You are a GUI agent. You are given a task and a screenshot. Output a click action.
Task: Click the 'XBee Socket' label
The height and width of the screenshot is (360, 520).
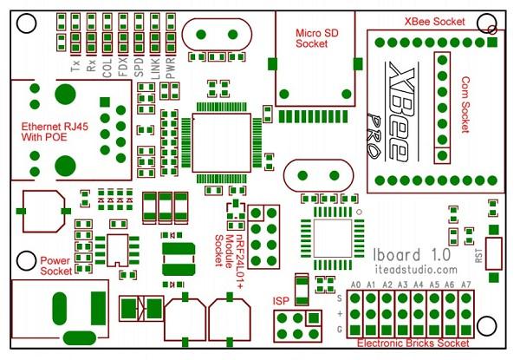tap(434, 22)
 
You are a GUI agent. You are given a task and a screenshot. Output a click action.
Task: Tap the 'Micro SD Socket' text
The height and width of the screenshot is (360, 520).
tap(316, 38)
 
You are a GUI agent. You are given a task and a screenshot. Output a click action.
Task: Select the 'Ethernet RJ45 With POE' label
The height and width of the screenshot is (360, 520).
tap(55, 132)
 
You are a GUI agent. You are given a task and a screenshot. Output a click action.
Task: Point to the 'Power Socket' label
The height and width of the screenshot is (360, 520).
tap(55, 265)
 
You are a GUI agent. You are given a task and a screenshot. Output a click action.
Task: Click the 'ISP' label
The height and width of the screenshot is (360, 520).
tap(281, 301)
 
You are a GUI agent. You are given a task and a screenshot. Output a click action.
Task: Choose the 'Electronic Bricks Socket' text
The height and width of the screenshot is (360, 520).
tap(413, 343)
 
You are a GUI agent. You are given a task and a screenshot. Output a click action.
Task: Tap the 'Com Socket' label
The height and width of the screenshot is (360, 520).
tap(465, 105)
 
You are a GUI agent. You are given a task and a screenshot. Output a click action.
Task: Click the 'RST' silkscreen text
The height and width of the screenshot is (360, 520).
tap(478, 256)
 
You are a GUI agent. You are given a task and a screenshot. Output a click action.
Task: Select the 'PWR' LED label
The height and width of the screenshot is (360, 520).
tap(170, 68)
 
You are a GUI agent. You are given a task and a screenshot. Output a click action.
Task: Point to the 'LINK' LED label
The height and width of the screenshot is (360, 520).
tap(155, 69)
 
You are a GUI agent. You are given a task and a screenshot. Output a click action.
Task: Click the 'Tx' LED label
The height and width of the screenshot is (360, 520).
tap(75, 66)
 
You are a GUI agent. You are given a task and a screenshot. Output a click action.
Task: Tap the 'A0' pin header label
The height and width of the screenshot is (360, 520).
tap(355, 285)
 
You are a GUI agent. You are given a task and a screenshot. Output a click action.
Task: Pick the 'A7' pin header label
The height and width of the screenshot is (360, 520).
tap(466, 285)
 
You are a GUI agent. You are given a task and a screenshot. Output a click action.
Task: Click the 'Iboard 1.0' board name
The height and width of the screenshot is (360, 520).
tap(412, 255)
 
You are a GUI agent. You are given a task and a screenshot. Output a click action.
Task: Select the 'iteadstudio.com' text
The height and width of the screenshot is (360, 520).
tap(416, 270)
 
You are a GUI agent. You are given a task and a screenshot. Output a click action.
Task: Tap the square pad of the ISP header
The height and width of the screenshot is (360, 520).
tap(314, 318)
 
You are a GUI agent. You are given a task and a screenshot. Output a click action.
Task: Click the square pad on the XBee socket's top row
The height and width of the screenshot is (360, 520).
tap(492, 43)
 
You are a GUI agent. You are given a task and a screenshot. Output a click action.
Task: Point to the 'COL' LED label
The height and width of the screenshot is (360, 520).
tap(107, 69)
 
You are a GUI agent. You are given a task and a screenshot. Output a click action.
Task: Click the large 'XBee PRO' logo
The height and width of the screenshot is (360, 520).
tap(393, 112)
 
